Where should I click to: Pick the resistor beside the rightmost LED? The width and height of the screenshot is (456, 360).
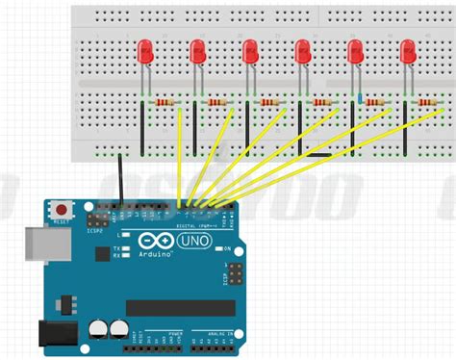point(426,102)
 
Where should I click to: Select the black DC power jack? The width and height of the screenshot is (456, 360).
point(56,333)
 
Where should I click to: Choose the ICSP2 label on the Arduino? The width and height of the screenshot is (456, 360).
point(94,229)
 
